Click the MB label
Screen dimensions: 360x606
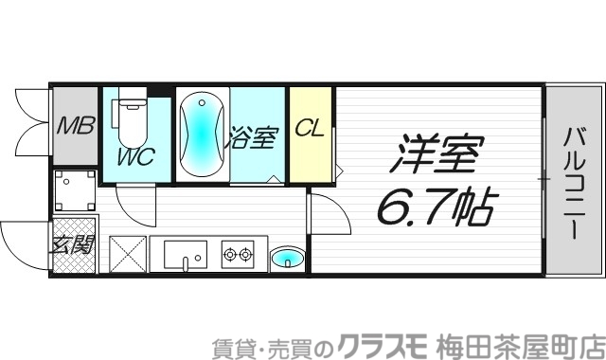click(x=73, y=125)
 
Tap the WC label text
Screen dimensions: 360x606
click(x=136, y=157)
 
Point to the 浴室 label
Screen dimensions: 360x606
click(x=252, y=137)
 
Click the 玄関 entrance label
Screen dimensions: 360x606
click(x=72, y=248)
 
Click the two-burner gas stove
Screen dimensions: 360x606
click(x=238, y=253)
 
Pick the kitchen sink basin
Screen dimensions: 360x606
click(x=185, y=254)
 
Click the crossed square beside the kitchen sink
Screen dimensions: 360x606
click(x=128, y=253)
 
